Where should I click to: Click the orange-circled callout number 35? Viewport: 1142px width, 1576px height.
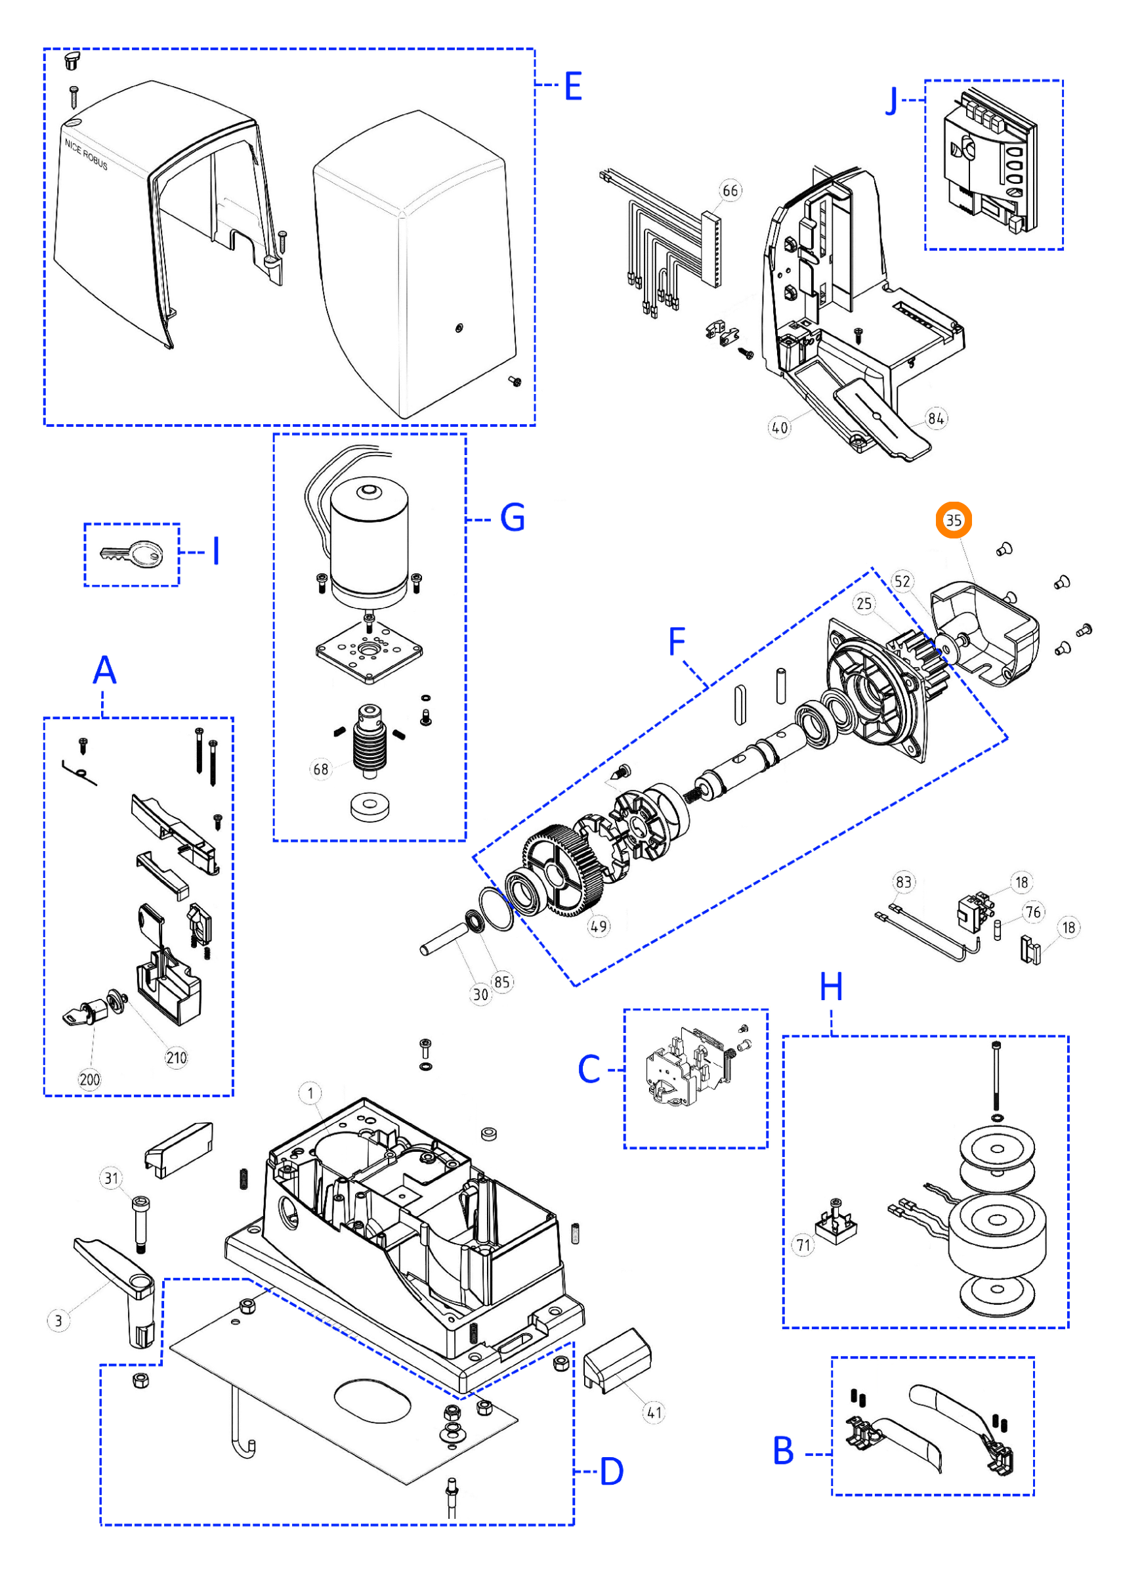953,520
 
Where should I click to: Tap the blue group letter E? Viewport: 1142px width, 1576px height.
572,87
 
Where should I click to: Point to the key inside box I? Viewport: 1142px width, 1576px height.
131,554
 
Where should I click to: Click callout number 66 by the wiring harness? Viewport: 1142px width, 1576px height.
730,190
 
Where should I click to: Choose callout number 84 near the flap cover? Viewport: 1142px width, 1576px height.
936,418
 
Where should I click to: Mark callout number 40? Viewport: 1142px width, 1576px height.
780,427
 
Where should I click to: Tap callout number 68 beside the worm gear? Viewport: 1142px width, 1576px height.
320,768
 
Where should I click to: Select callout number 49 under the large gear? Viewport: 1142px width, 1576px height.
598,927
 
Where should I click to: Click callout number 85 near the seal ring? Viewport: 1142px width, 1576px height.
501,982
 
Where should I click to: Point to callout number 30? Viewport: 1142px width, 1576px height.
480,994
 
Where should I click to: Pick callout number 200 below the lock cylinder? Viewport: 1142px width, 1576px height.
90,1079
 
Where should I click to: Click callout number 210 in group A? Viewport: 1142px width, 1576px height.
176,1058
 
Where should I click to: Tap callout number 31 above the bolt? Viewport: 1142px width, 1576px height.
112,1178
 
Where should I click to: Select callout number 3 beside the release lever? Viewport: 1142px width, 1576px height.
58,1321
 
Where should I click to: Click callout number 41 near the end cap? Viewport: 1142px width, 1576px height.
654,1412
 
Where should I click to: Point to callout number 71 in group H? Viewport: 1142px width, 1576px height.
803,1244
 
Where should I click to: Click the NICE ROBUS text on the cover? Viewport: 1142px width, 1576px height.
86,154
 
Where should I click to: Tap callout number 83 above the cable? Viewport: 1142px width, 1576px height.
903,882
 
